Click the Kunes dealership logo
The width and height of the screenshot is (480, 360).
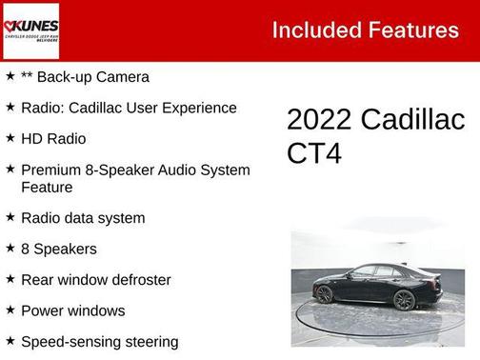(x=30, y=30)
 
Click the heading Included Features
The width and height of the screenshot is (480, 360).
(x=365, y=30)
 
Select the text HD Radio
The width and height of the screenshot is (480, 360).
(x=53, y=139)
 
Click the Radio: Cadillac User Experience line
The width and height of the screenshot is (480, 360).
(x=129, y=108)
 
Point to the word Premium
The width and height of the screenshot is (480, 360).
(x=50, y=170)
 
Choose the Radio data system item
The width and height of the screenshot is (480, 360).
(x=83, y=218)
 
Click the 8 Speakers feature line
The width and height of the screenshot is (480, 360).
(x=59, y=250)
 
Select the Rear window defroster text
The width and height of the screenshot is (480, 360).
(x=96, y=280)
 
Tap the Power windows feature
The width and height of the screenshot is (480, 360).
(x=73, y=310)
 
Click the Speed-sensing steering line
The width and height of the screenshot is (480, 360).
(x=99, y=341)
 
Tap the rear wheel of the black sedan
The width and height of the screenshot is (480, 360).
(x=404, y=300)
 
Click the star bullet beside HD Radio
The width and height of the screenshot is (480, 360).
(x=10, y=138)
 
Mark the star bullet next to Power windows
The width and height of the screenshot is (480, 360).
(x=10, y=310)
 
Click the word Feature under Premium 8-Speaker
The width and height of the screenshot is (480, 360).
(x=47, y=188)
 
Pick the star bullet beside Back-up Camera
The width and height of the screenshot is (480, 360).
(x=10, y=76)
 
